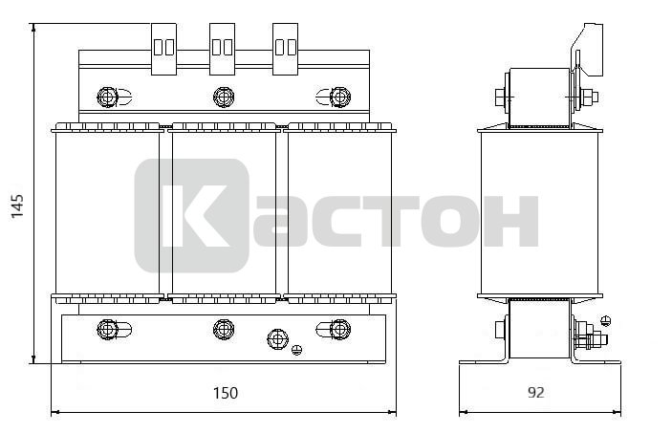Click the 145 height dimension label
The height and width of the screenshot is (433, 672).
[x=17, y=206]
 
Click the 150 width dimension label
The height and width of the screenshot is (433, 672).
[x=226, y=393]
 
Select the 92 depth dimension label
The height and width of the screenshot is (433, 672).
[x=535, y=392]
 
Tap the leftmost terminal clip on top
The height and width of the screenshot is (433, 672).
[x=163, y=49]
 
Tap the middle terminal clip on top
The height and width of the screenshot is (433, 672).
[x=222, y=49]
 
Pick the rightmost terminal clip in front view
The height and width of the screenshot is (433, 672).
[x=286, y=49]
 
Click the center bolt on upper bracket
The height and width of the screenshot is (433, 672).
[x=224, y=97]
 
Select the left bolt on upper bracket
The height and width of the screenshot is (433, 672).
[x=108, y=97]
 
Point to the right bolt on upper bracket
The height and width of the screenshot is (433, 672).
[x=340, y=97]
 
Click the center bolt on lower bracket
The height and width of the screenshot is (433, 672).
[x=224, y=329]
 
